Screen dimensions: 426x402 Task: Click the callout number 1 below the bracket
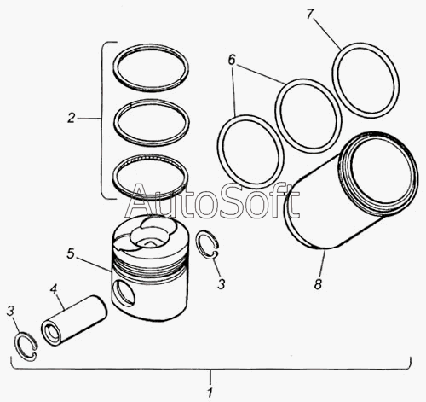pos(210,393)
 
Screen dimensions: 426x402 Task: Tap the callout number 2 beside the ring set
pos(72,118)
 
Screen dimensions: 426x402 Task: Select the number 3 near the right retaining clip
pos(222,284)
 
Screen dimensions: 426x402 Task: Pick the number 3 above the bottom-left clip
pos(10,311)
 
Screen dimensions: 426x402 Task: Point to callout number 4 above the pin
pos(54,288)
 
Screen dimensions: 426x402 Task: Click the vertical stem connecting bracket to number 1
pos(210,376)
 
